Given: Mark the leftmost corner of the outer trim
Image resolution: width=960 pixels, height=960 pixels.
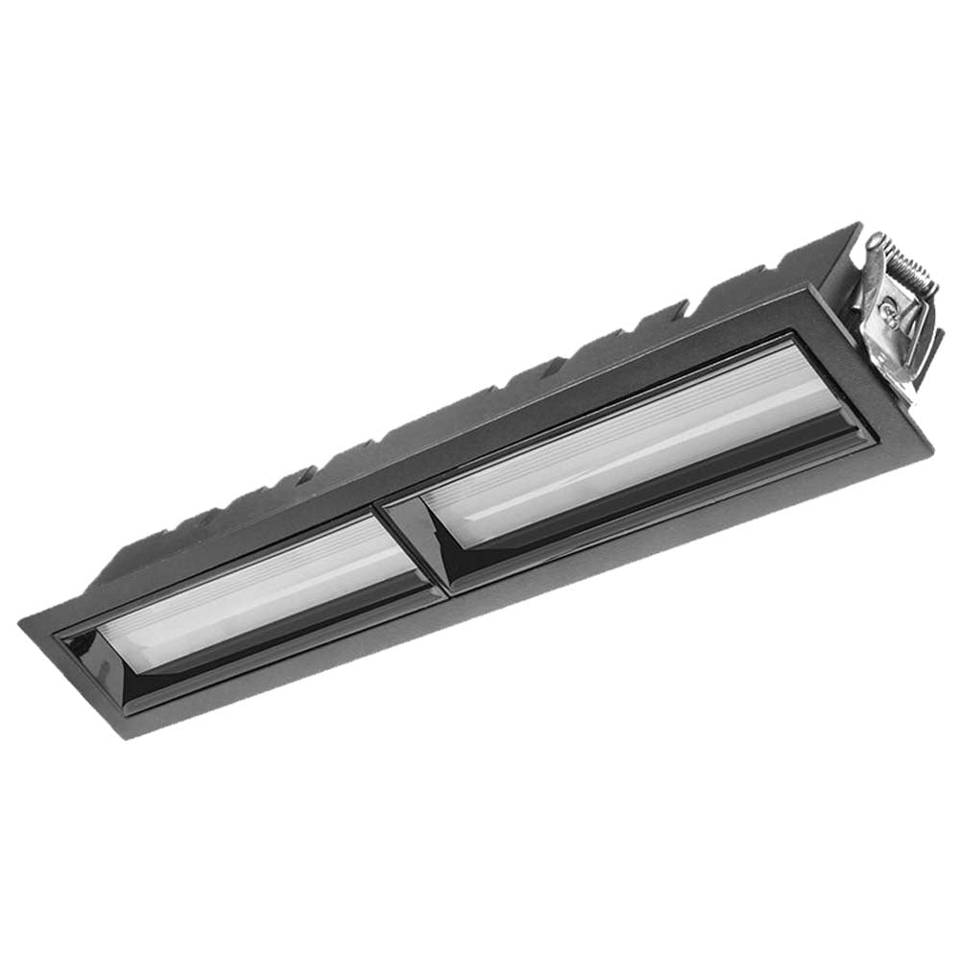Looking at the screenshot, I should pos(21,622).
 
